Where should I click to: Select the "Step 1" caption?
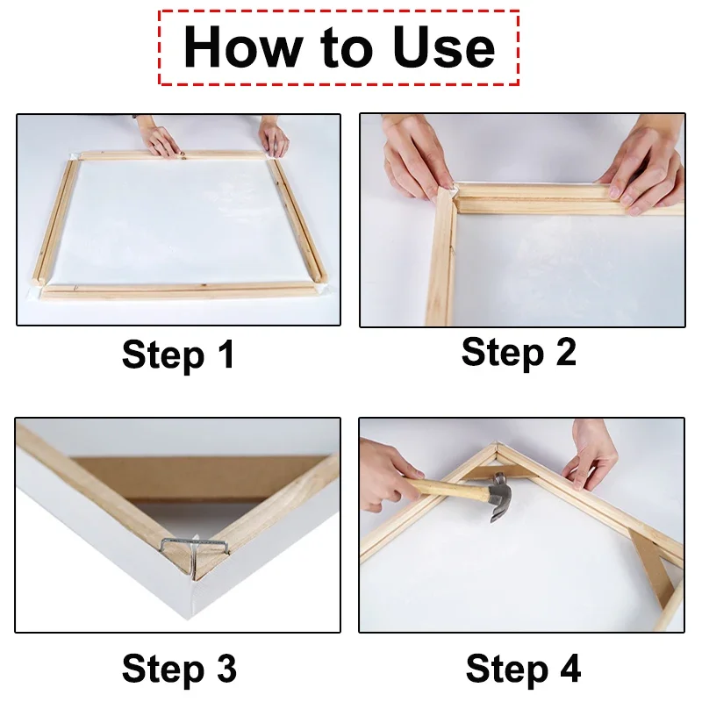click(179, 355)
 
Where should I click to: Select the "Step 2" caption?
click(519, 352)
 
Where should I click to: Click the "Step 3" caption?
click(179, 668)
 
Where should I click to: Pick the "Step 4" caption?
click(523, 668)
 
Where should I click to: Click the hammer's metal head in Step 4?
click(498, 497)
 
